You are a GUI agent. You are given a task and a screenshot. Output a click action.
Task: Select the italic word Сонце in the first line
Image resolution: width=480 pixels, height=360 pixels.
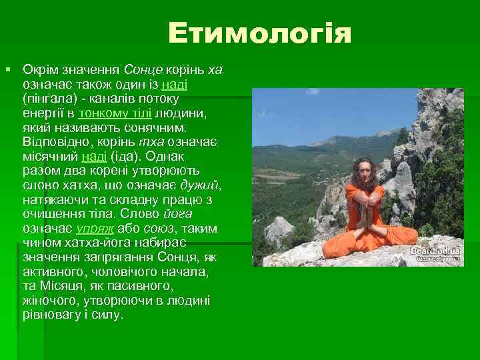click(x=139, y=69)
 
